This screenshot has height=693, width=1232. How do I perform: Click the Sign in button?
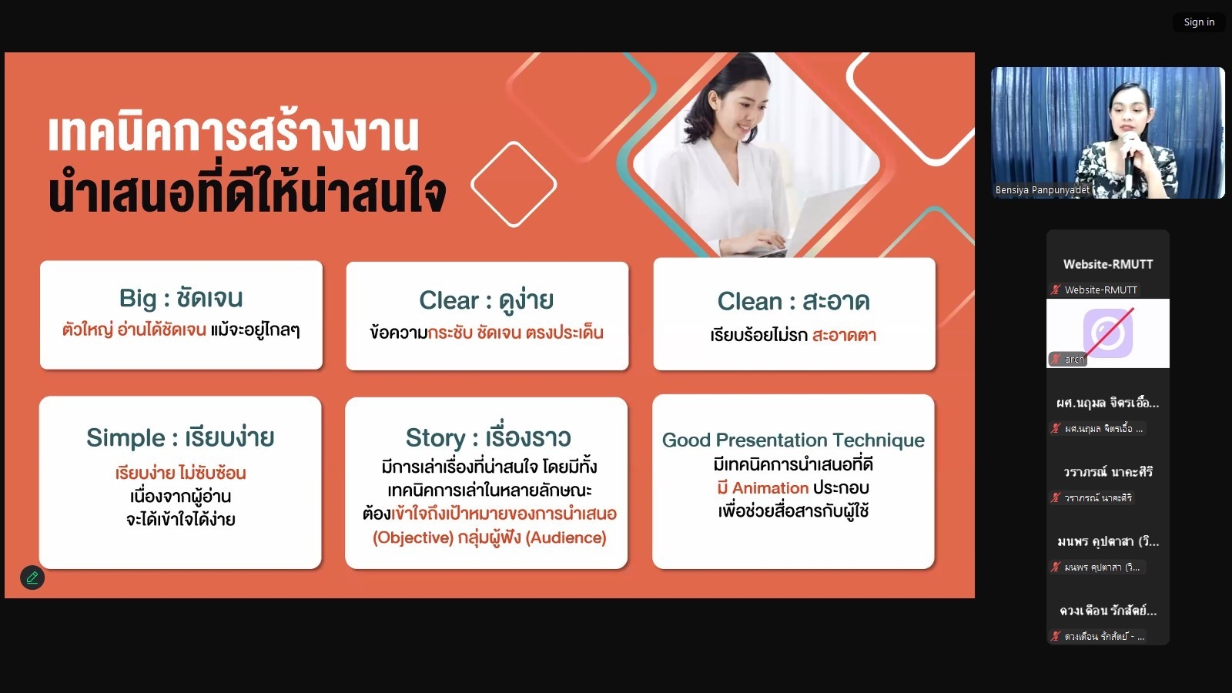point(1199,22)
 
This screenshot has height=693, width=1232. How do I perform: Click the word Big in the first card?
point(138,299)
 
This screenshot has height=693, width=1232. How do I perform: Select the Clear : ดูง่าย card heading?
point(486,301)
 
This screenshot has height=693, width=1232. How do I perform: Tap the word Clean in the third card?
point(750,301)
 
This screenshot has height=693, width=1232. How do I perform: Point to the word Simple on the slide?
point(126,438)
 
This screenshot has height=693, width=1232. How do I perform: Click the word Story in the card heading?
point(436,438)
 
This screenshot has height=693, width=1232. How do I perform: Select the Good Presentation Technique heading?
point(793,440)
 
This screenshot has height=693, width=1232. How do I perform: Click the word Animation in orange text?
point(770,488)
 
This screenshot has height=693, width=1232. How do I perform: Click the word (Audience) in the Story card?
point(566,537)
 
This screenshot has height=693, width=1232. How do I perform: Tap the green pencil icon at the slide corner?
point(32,577)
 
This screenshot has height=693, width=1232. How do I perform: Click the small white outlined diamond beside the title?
point(514,184)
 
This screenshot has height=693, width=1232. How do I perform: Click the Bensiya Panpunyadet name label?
point(1043,189)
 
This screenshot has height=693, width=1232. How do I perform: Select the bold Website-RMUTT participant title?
point(1108,264)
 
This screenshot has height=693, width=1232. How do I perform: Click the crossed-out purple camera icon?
point(1108,333)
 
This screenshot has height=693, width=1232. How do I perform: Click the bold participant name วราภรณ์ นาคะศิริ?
point(1108,472)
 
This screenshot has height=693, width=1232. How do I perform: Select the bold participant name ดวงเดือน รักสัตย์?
point(1108,611)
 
